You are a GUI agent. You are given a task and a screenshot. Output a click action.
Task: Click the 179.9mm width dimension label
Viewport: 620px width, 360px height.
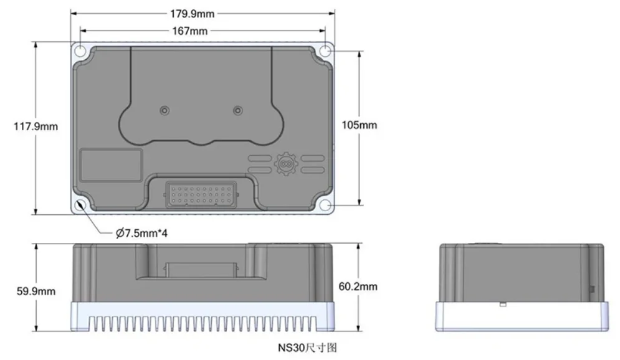192,14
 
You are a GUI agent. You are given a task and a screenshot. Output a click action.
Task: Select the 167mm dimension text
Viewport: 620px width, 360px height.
190,31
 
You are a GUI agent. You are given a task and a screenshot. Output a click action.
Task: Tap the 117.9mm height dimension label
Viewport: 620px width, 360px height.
36,126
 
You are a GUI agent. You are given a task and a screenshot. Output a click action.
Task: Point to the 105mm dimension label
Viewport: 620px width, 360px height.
360,125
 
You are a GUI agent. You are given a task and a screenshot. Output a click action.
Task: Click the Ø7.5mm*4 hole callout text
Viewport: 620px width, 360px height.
141,233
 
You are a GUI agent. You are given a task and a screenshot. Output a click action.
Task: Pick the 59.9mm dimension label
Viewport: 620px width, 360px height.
36,291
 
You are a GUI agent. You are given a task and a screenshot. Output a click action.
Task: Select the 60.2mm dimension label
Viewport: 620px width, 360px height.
358,286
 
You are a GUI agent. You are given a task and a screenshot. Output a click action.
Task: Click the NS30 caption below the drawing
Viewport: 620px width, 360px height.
307,348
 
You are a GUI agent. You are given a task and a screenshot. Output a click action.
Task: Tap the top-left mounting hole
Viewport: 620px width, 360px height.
80,51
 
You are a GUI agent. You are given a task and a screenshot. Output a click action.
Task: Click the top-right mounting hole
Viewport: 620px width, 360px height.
325,51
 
